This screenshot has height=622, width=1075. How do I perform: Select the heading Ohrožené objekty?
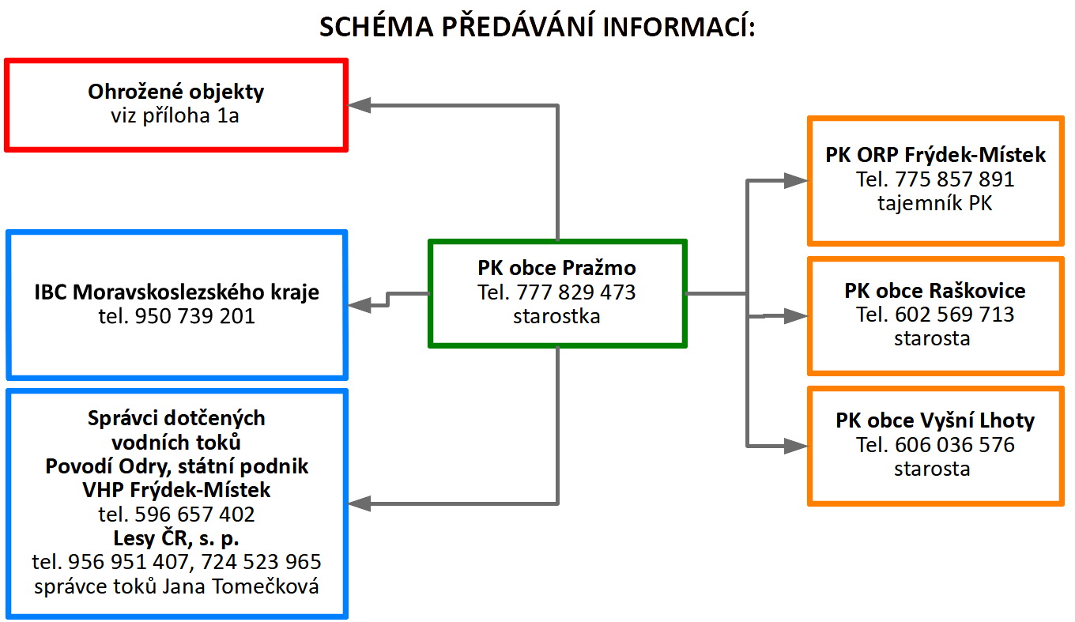pos(175,92)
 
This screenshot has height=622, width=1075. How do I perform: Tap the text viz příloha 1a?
pos(175,116)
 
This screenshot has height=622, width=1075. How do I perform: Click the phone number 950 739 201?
pos(194,316)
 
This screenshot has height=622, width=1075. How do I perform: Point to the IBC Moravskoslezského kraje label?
pos(176,292)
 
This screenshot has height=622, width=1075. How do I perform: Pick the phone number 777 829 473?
pos(576,292)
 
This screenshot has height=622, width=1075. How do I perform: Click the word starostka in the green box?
pos(556,317)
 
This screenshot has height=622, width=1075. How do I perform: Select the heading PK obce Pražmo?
pos(556,268)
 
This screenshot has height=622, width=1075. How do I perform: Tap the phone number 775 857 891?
pos(955,179)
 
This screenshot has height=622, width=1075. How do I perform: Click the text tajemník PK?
pos(935,203)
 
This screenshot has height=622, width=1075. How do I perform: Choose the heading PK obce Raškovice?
pos(935,291)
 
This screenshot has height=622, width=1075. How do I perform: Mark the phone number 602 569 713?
pos(955,315)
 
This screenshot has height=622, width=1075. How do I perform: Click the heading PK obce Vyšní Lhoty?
pos(935,420)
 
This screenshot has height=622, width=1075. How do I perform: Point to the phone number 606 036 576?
pos(955,445)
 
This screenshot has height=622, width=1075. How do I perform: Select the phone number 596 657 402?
pos(194,515)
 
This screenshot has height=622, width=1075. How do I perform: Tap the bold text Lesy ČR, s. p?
pos(176,538)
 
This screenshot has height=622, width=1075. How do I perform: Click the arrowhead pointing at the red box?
pos(359,105)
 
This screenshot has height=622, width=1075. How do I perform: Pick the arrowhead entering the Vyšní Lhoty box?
pos(797,446)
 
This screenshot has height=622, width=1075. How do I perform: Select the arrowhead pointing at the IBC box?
pos(359,305)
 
